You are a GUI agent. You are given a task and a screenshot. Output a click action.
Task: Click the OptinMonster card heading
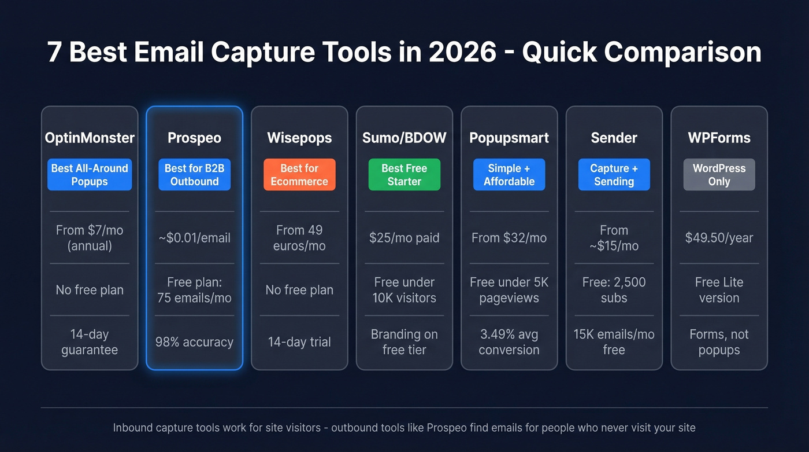coord(90,138)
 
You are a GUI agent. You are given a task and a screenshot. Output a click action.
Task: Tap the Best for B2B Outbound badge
coord(195,175)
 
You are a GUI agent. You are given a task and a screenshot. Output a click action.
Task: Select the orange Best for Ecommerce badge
coord(299,175)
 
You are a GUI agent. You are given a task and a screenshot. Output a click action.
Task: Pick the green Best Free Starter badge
coord(404,175)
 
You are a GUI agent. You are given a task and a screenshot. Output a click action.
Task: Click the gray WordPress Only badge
coord(719,175)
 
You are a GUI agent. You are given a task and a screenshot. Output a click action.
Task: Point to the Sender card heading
coord(614,138)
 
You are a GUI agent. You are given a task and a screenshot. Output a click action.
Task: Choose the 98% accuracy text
coord(195,342)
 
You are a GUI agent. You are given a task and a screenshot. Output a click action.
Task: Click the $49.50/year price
coord(719,238)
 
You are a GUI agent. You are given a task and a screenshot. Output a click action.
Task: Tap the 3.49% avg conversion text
coord(509,342)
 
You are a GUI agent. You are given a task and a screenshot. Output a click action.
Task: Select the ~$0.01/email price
coord(195,238)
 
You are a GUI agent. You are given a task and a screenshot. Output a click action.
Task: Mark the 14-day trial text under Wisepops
coord(299,342)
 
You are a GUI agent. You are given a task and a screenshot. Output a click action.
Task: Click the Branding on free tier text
coord(404,342)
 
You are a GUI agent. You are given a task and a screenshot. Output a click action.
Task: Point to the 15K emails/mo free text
coord(614,342)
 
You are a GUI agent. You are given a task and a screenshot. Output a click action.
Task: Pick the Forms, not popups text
coord(719,342)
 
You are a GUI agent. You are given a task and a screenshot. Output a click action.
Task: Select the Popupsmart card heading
coord(509,138)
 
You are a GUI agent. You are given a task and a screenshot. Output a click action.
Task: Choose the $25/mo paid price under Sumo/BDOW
coord(404,238)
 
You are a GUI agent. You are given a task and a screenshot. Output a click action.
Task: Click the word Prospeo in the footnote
coord(447,428)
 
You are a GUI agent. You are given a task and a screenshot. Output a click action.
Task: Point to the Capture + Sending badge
coord(614,175)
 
